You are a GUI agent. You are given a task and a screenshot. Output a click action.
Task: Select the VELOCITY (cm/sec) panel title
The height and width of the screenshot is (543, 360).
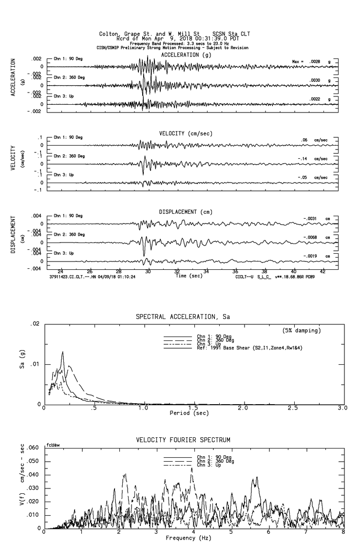180,133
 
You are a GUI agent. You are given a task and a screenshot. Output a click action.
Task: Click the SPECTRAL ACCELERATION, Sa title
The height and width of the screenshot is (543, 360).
183,317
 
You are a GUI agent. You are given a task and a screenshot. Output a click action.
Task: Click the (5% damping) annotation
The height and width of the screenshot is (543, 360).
302,331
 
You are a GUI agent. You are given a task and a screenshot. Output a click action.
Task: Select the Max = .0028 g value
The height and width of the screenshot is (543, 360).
312,61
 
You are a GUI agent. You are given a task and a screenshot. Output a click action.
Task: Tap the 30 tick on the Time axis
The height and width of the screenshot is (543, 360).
148,271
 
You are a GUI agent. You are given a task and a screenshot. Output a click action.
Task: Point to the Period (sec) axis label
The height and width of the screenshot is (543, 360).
189,412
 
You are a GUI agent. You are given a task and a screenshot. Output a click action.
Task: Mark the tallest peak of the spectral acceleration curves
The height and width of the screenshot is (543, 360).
63,352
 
